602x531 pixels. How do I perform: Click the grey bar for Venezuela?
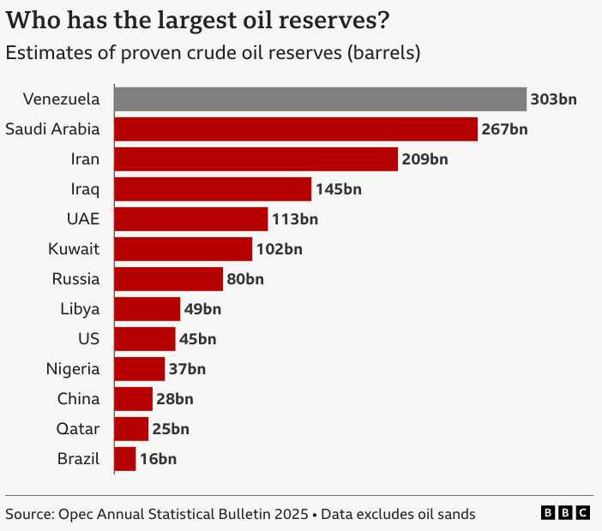click(320, 99)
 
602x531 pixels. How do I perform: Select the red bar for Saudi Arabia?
click(295, 129)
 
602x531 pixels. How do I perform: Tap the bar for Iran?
click(256, 159)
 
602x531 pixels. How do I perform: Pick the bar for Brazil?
click(124, 459)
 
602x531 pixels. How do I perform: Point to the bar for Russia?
click(168, 279)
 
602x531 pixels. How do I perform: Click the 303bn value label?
click(554, 99)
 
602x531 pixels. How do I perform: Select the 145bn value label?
click(339, 189)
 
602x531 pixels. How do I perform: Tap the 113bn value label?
click(295, 219)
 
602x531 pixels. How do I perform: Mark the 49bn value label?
click(202, 309)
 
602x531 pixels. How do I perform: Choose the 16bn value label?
click(158, 459)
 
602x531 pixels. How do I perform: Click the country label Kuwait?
click(75, 249)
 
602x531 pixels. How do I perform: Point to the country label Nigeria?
click(73, 369)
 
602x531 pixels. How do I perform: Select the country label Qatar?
click(79, 429)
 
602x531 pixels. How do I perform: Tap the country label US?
click(88, 339)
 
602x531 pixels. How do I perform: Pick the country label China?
click(79, 399)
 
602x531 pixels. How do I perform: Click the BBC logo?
click(565, 513)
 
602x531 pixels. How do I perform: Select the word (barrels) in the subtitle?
click(384, 53)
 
